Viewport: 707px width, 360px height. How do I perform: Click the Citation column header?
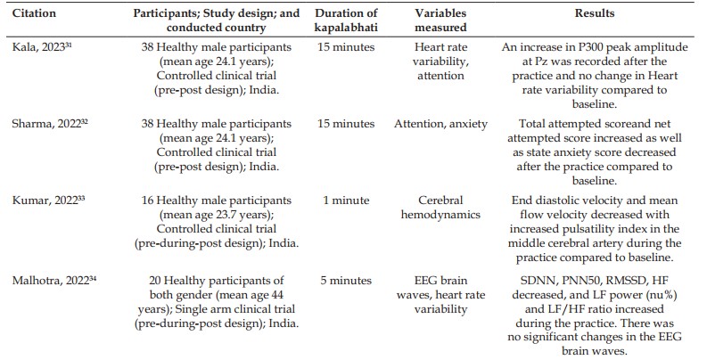pos(34,13)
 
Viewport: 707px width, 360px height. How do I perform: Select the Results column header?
pos(595,13)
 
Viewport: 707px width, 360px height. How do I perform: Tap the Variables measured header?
pos(440,20)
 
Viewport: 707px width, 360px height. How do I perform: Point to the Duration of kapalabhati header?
pos(346,20)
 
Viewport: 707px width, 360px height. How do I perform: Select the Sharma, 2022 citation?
pos(50,124)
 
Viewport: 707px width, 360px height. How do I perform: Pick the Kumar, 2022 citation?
pos(49,200)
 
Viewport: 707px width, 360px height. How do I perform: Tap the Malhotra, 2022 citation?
pos(54,281)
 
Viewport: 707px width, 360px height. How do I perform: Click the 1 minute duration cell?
pos(346,200)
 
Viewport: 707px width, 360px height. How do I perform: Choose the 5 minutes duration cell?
pos(346,281)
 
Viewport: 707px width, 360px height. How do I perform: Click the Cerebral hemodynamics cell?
pos(440,208)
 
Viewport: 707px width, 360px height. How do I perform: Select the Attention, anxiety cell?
pos(440,124)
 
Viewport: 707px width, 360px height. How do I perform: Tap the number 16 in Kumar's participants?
pos(147,200)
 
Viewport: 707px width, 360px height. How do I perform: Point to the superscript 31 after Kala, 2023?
pos(69,45)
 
